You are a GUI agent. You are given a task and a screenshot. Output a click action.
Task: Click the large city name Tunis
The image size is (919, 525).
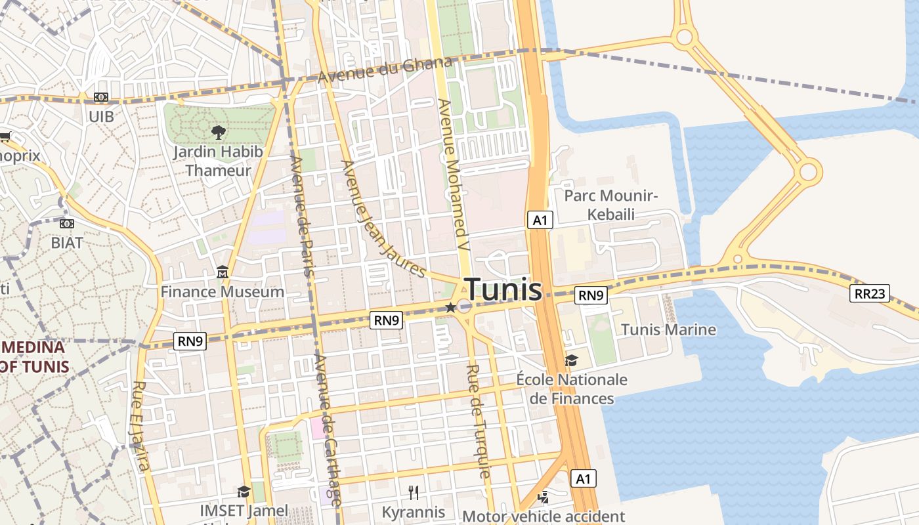point(503,289)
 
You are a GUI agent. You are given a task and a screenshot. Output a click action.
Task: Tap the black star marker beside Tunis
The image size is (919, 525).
point(450,307)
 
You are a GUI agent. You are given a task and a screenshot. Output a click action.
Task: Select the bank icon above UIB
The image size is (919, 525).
point(100,97)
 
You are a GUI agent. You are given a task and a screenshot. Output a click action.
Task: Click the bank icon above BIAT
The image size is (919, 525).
point(66,224)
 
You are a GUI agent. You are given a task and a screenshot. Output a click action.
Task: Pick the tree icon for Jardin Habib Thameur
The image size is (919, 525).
point(217,133)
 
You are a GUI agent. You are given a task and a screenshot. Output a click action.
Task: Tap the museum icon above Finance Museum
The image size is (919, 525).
point(222,272)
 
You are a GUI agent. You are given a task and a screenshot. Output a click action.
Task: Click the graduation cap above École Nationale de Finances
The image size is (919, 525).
point(571,360)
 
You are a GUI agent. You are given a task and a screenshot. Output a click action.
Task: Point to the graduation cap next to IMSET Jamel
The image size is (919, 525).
point(244,492)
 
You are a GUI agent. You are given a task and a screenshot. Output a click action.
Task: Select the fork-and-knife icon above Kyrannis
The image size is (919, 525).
point(414,492)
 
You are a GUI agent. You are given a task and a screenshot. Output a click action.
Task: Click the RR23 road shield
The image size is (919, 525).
point(870,293)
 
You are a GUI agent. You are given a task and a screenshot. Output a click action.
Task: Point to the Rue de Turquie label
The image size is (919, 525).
point(479,420)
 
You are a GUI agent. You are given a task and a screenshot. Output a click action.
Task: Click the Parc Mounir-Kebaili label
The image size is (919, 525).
point(610,205)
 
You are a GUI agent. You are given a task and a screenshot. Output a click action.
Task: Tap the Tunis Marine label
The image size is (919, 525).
point(668,329)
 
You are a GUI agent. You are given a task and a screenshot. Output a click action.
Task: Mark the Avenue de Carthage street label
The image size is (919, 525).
point(328,429)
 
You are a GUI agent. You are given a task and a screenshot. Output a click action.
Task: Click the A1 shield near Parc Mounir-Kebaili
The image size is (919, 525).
point(540,220)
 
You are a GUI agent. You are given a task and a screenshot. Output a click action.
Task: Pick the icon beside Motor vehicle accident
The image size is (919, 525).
point(542,497)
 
